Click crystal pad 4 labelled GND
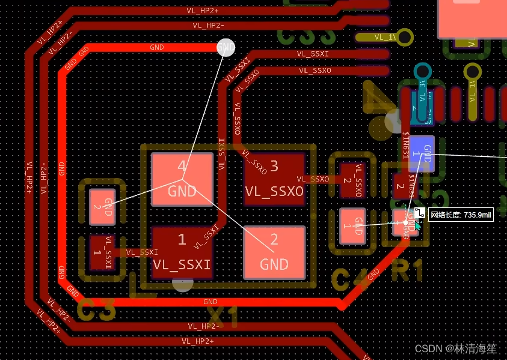pos(182,180)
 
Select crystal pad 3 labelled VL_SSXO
pos(274,178)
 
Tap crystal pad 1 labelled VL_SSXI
pos(182,252)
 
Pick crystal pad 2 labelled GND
pos(274,252)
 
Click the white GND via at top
pos(226,47)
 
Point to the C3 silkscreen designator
pos(96,310)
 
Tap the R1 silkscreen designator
pos(407,272)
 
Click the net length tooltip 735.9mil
pos(461,215)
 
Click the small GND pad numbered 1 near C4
pos(352,226)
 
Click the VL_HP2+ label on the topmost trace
pos(202,10)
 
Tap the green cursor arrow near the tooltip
pos(417,225)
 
